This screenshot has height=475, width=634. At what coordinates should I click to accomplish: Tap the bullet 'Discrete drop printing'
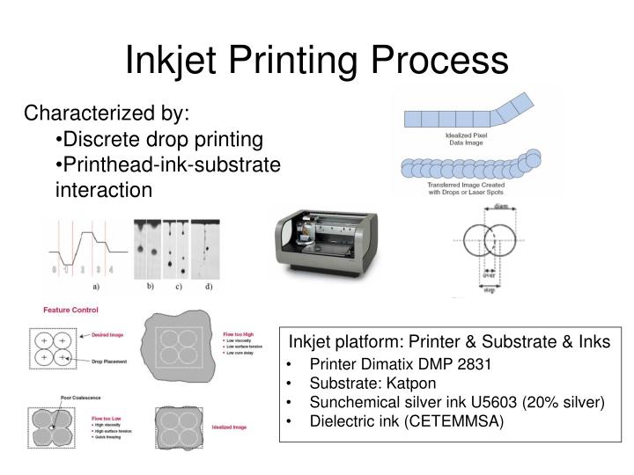pyautogui.click(x=159, y=139)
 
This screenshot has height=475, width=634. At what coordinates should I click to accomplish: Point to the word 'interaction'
pyautogui.click(x=104, y=189)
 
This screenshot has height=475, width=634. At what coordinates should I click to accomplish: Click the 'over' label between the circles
pyautogui.click(x=489, y=274)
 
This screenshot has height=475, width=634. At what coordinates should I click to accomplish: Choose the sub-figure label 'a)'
pyautogui.click(x=96, y=287)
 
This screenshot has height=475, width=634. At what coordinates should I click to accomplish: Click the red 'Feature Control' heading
pyautogui.click(x=70, y=311)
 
